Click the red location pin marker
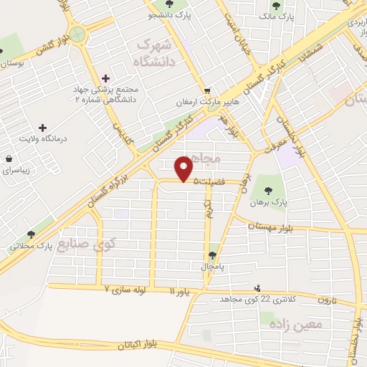(x=184, y=168)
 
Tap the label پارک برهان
(x=270, y=203)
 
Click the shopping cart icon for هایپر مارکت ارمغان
(x=206, y=91)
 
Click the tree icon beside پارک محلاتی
(x=31, y=234)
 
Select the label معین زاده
(x=297, y=325)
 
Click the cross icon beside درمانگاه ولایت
(x=42, y=126)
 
